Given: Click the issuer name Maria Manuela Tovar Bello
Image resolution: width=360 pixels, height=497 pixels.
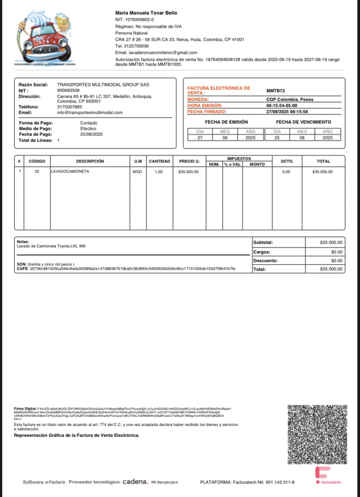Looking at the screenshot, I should coord(146,13).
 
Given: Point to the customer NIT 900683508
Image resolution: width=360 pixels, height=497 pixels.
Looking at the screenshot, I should coord(68,90).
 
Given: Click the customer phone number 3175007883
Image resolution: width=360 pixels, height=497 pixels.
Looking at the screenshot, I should coord(69,107).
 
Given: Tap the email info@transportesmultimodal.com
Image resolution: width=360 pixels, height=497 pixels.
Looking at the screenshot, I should coord(90,113).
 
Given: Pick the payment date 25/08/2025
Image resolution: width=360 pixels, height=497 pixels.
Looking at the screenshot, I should coord(91,134).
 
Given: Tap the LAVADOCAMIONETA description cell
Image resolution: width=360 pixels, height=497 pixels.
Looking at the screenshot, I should coord(70,172).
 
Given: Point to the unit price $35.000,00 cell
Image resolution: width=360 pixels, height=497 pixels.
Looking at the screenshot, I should coord(188,172).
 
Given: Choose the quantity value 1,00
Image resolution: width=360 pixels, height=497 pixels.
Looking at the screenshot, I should coord(159,172).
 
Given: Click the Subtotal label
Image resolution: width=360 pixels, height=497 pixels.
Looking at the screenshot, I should coord(263,242).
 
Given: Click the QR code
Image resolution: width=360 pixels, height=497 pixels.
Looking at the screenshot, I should coord(317,434).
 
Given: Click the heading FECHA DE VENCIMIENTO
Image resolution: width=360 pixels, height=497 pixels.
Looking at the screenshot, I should coord(303,122).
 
